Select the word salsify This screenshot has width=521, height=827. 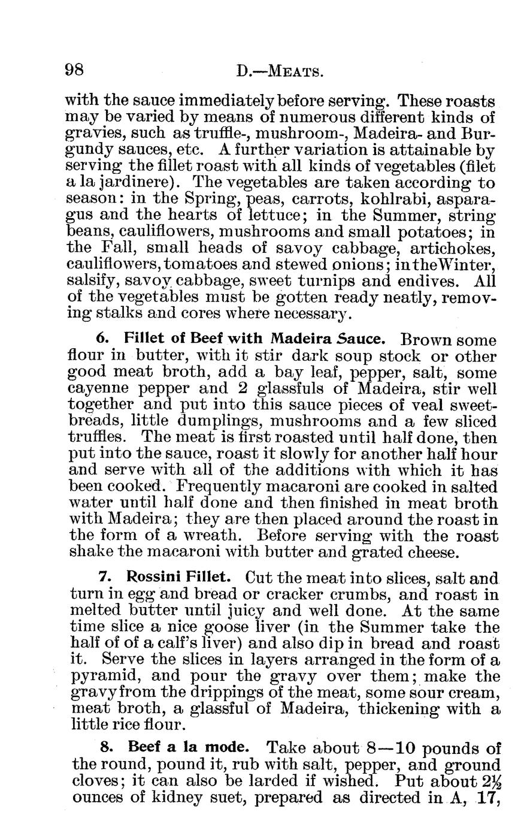pos(89,280)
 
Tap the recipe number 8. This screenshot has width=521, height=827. pos(104,748)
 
